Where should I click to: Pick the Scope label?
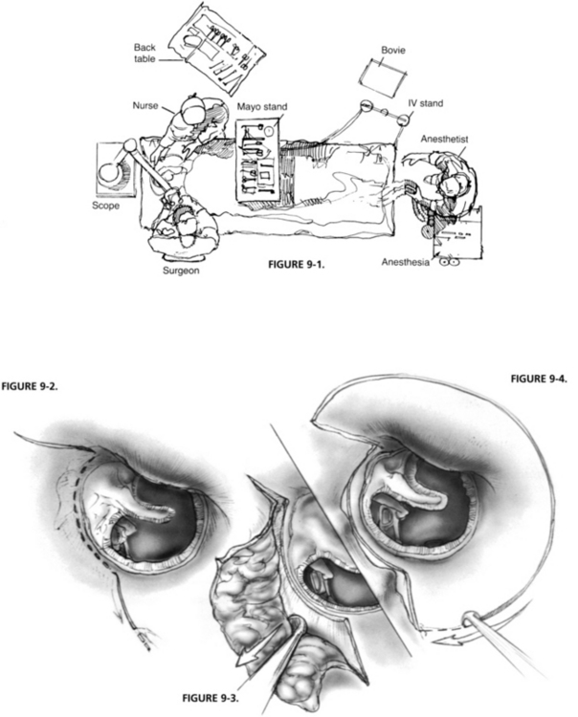[105, 205]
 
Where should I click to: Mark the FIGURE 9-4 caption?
[539, 379]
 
